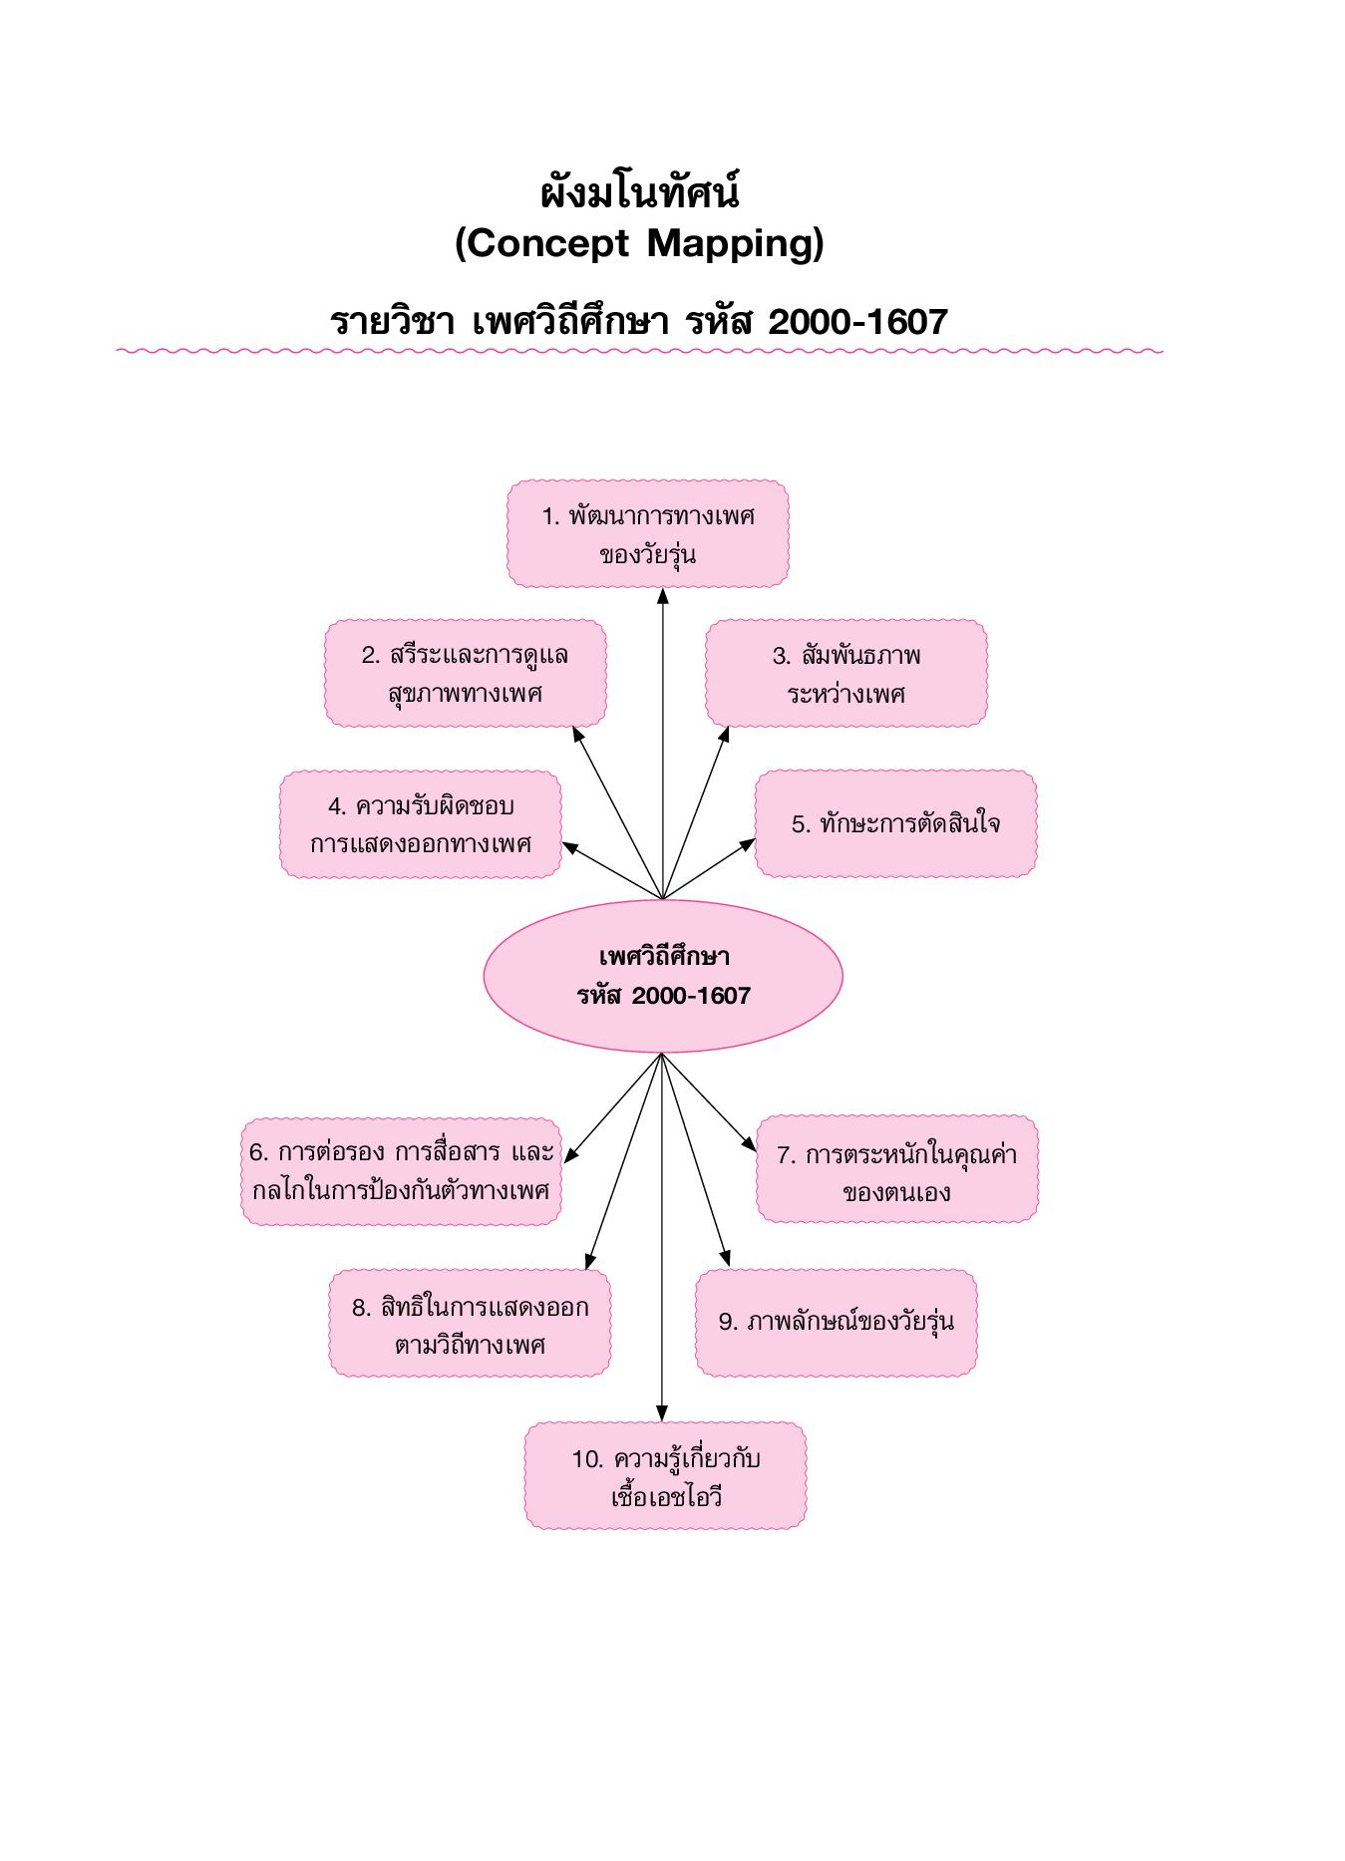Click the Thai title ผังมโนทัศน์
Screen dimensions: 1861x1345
tap(639, 192)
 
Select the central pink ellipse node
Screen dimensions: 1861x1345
tap(663, 976)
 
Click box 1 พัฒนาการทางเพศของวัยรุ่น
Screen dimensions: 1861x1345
tap(648, 534)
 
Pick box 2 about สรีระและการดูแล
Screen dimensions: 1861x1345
tap(466, 674)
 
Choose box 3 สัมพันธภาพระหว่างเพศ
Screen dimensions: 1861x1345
tap(846, 674)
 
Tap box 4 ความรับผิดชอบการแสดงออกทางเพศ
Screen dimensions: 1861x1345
tap(421, 824)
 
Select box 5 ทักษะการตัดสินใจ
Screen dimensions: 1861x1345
tap(895, 824)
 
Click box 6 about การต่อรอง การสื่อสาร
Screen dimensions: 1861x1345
tap(401, 1171)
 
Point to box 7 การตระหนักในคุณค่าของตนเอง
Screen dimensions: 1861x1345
tap(897, 1170)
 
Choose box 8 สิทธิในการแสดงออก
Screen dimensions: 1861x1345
tap(470, 1324)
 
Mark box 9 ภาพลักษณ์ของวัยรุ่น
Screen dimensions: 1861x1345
tap(836, 1323)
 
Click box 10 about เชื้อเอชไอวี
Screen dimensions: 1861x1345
tap(665, 1476)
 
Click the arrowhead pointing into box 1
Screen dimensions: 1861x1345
tap(663, 596)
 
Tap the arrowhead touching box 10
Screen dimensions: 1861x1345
tap(662, 1414)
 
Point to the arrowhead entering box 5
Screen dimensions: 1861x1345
tap(748, 845)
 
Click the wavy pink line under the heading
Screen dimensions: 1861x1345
tap(639, 351)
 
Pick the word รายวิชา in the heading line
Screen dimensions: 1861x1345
tap(392, 322)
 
